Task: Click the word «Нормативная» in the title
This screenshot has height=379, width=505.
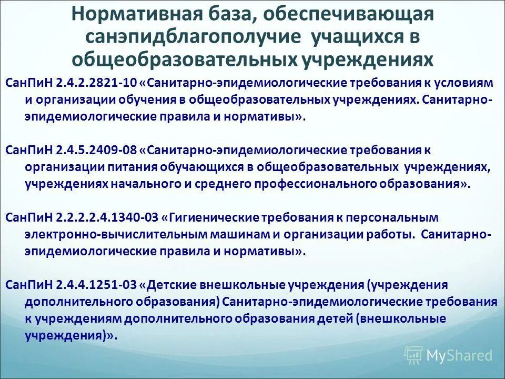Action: point(126,14)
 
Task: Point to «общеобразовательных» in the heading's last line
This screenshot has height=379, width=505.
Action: point(184,59)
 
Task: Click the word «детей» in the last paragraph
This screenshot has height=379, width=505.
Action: point(336,318)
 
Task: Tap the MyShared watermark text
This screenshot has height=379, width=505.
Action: point(459,355)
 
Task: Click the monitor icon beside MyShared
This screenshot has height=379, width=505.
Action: point(413,355)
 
